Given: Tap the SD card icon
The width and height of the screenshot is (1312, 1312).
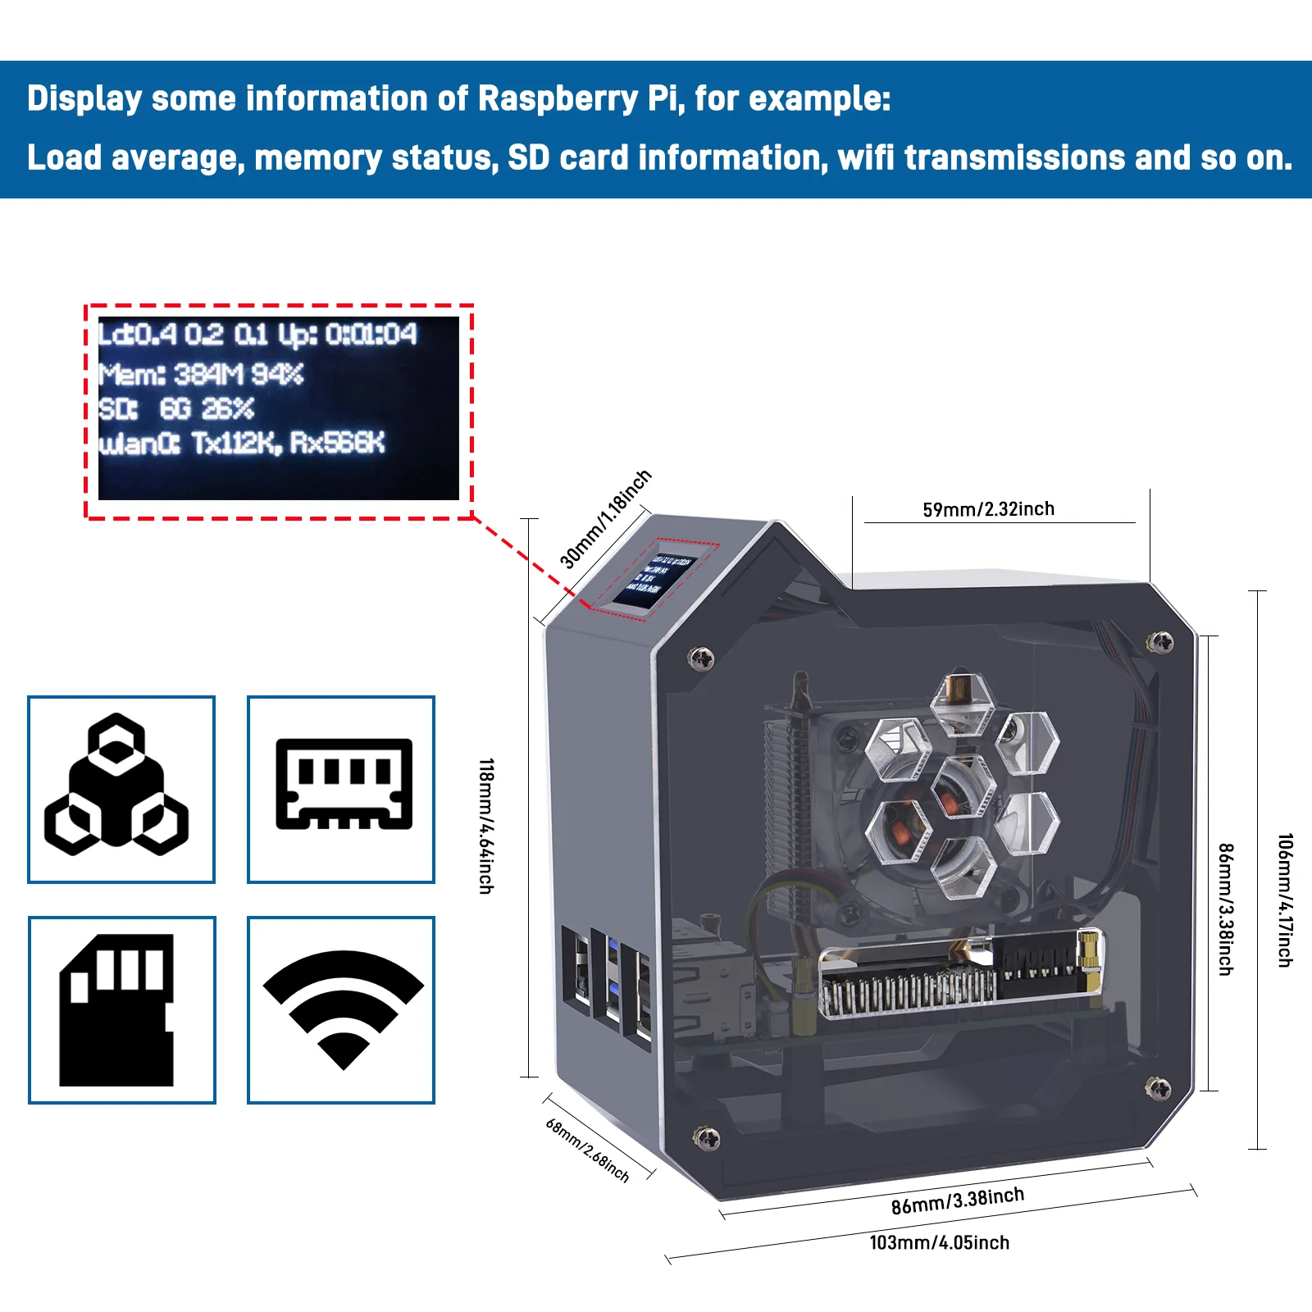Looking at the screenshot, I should tap(116, 1010).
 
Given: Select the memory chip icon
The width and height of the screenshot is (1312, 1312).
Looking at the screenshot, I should tap(344, 785).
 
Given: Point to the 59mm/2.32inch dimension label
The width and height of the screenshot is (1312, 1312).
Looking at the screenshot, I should tap(988, 509).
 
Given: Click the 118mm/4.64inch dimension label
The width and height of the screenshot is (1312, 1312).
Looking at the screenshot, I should tap(486, 826).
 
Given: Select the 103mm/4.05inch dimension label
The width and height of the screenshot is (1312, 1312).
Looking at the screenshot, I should tap(939, 1242).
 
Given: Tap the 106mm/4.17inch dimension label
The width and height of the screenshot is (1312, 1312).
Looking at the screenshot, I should tap(1285, 900).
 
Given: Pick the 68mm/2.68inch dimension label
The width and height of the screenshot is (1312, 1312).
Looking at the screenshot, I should tap(587, 1150).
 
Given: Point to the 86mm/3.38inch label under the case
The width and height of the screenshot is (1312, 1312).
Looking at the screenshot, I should tap(957, 1200).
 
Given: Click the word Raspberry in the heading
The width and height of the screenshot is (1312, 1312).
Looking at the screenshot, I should tap(558, 98).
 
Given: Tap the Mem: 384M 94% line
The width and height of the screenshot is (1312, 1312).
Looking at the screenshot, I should tap(201, 375).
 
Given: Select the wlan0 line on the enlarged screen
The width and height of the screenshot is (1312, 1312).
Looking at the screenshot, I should tap(241, 444).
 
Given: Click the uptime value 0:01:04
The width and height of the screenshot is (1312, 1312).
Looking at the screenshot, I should tap(371, 335).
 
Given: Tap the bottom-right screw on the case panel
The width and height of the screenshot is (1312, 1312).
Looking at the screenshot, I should tap(1157, 1088).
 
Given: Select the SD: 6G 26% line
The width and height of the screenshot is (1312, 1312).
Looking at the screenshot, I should tap(176, 408).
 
